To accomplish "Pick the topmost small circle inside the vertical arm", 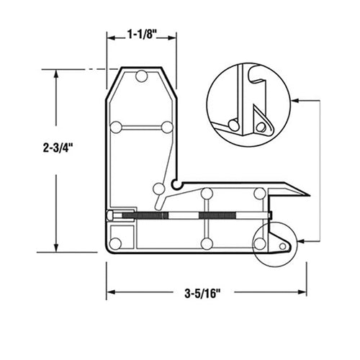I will click(x=142, y=76).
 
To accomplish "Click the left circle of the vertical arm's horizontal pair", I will click(x=117, y=127).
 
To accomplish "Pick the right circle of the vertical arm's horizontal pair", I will click(x=167, y=127).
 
